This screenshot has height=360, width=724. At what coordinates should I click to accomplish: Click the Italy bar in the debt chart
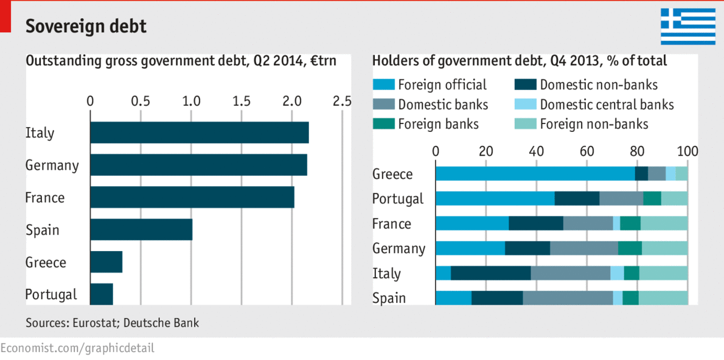199,133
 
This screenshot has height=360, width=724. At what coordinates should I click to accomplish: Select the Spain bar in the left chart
141,230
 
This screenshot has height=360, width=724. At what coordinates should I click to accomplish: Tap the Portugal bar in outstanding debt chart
102,294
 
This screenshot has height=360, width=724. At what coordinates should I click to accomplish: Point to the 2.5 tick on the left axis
342,101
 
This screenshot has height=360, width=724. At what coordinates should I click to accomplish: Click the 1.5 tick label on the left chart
242,101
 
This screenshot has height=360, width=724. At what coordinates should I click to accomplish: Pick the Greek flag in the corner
688,26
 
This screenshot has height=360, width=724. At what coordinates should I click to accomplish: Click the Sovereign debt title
86,26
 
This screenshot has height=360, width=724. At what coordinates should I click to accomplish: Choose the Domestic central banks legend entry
607,105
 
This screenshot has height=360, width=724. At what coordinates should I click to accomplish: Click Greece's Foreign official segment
535,174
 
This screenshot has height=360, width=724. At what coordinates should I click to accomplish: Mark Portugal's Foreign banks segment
652,199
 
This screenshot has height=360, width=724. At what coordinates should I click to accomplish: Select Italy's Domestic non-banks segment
490,273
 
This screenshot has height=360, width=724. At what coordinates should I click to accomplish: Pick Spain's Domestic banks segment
567,298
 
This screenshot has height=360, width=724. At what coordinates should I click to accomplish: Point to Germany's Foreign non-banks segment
664,248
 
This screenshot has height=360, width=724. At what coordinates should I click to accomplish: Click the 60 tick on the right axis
586,151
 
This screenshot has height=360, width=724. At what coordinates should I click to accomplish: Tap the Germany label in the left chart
52,165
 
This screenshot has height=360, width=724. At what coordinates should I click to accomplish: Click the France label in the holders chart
391,224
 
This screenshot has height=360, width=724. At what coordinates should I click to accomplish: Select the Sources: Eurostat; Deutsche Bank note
112,323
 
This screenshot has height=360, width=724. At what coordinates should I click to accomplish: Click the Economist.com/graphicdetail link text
77,348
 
